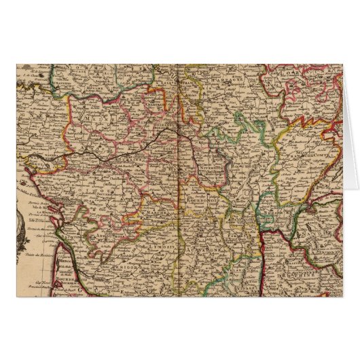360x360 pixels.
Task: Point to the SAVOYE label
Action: tap(316, 224)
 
